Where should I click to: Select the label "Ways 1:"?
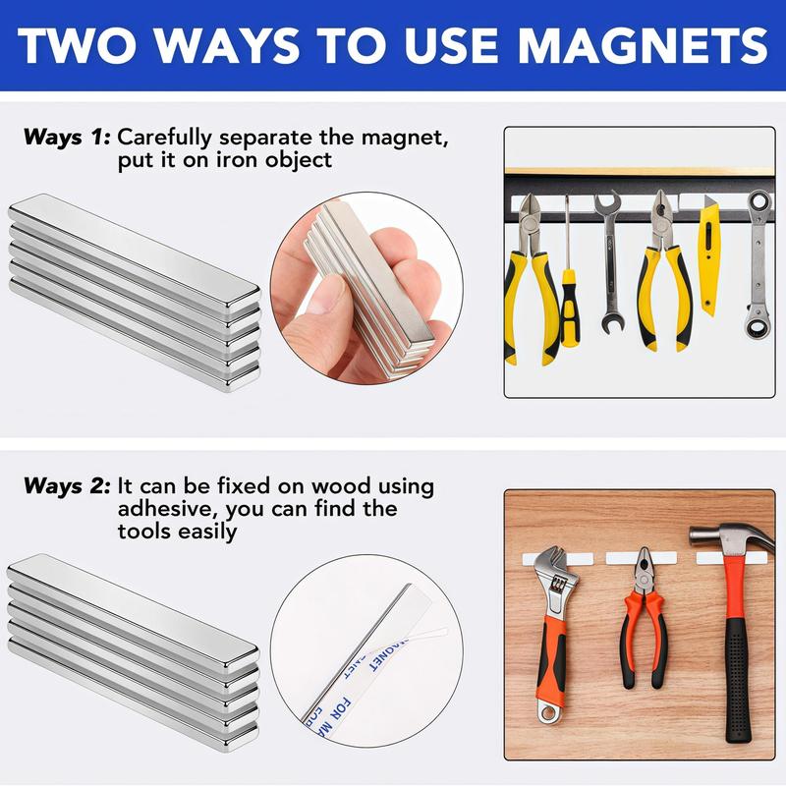click(67, 137)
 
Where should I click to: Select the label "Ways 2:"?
click(67, 485)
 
